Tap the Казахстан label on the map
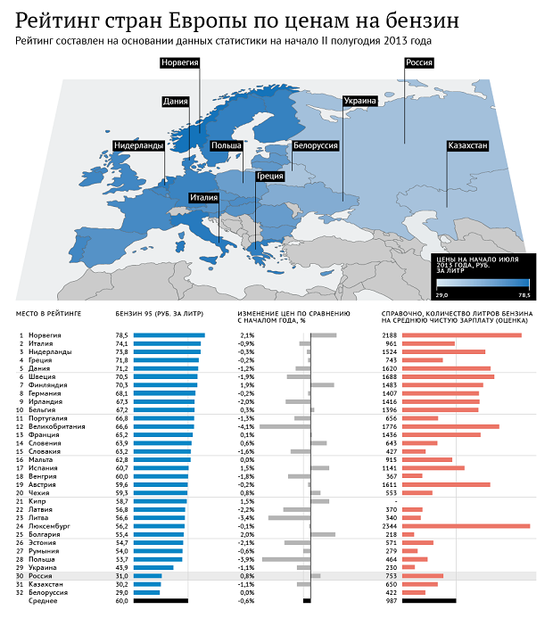click(x=466, y=144)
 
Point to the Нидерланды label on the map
click(x=138, y=144)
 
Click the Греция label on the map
click(x=269, y=177)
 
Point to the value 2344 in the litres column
click(x=392, y=526)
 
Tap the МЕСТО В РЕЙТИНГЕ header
click(x=48, y=315)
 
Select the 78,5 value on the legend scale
click(x=523, y=294)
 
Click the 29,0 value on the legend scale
click(x=442, y=294)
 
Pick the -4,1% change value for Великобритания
click(x=247, y=426)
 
